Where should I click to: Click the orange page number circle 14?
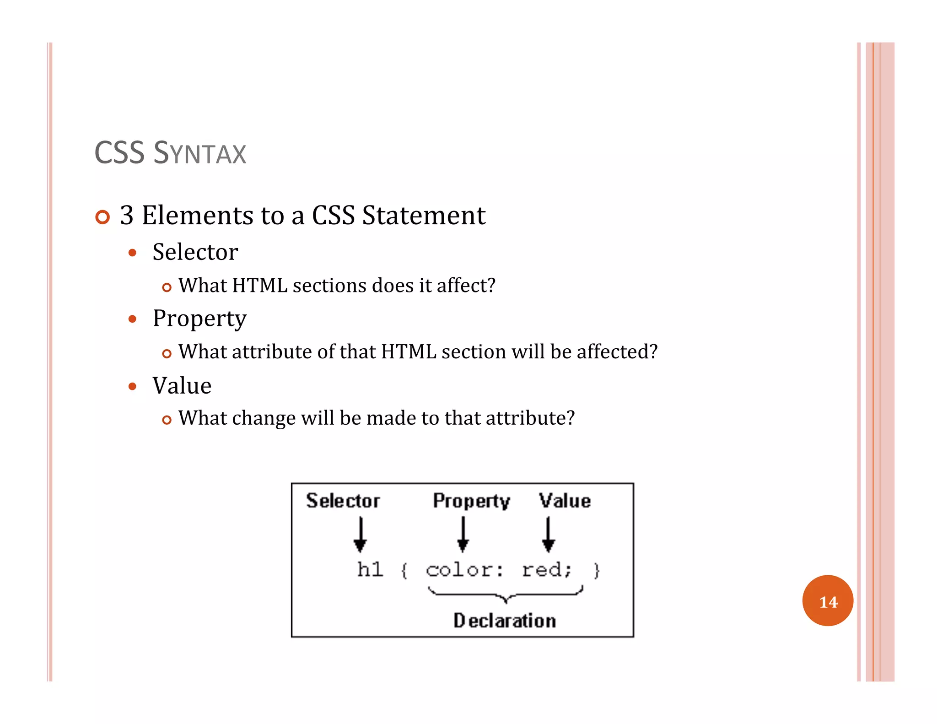tap(827, 601)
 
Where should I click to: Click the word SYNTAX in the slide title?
tap(200, 153)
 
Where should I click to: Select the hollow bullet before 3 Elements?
tap(103, 217)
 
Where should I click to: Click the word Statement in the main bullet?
tap(424, 216)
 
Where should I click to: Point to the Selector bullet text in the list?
tap(195, 252)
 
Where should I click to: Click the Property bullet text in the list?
tap(199, 319)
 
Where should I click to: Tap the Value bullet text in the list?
tap(182, 385)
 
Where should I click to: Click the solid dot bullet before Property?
tap(133, 319)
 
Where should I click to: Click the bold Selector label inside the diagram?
tap(343, 501)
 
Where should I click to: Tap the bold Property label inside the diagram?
tap(471, 501)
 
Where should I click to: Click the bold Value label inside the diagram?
tap(565, 501)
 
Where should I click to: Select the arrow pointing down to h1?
tap(361, 535)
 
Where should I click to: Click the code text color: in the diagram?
tap(464, 570)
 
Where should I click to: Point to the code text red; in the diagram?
tap(546, 570)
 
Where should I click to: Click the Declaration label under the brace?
tap(505, 621)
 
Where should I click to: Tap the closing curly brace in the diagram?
tap(596, 571)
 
